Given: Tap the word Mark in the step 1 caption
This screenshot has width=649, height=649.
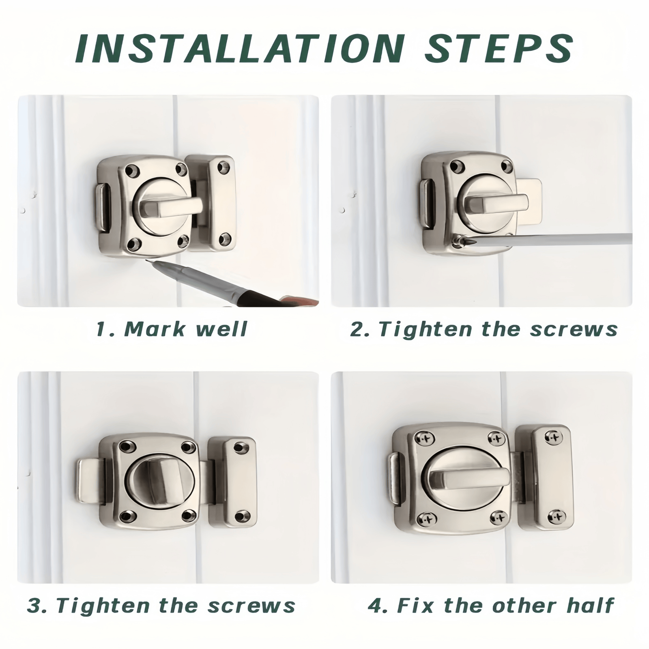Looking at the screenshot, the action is (154, 329).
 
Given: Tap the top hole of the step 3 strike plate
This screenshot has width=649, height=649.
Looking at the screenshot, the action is (241, 447).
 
